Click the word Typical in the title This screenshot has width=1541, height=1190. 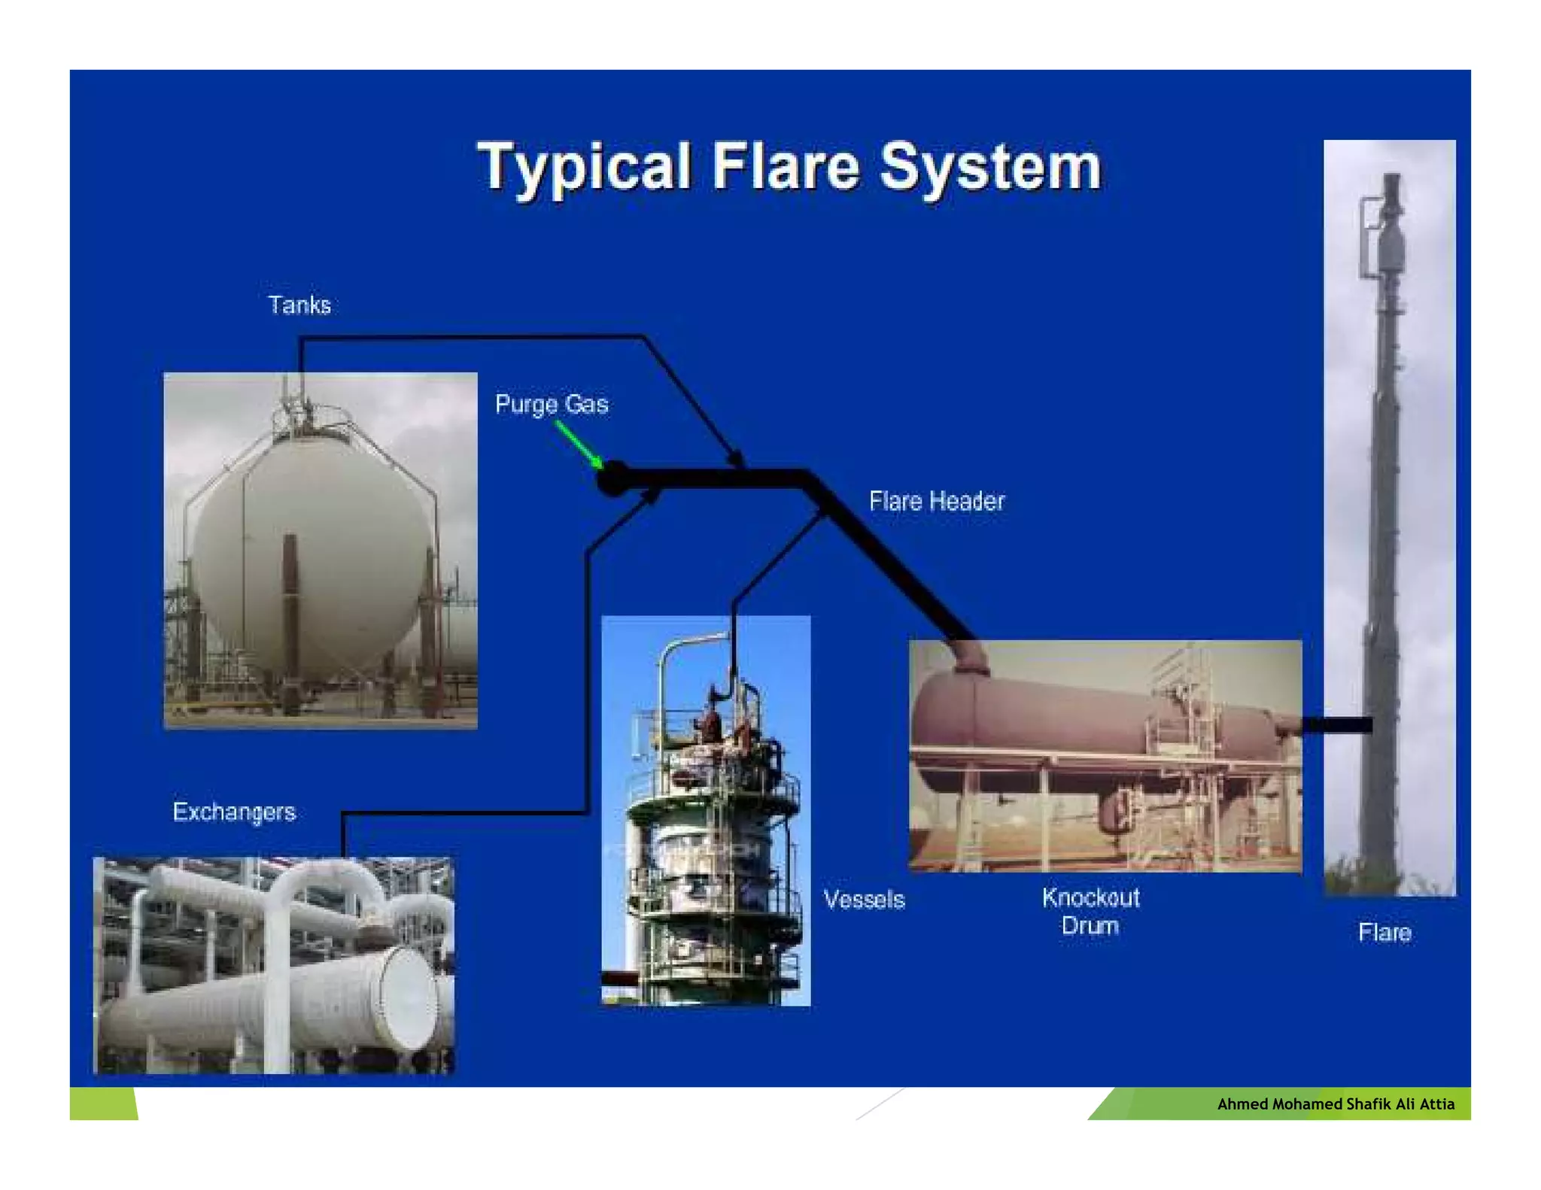pyautogui.click(x=583, y=167)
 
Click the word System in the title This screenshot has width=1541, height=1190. pyautogui.click(x=989, y=167)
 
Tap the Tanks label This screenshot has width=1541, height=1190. pyautogui.click(x=299, y=305)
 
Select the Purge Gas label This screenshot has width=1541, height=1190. pyautogui.click(x=552, y=404)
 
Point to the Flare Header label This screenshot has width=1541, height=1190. pyautogui.click(x=936, y=501)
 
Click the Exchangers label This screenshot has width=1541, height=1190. pyautogui.click(x=234, y=812)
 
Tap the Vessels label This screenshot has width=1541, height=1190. pyautogui.click(x=864, y=900)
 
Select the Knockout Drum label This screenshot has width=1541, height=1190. pyautogui.click(x=1090, y=911)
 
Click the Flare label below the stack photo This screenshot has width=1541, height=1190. pyautogui.click(x=1384, y=933)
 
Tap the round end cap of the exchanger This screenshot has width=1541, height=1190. pyautogui.click(x=407, y=997)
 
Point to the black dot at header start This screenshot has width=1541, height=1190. pyautogui.click(x=613, y=479)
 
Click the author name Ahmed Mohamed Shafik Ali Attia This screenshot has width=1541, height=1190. pyautogui.click(x=1335, y=1103)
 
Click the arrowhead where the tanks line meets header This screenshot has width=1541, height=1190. pyautogui.click(x=737, y=459)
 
